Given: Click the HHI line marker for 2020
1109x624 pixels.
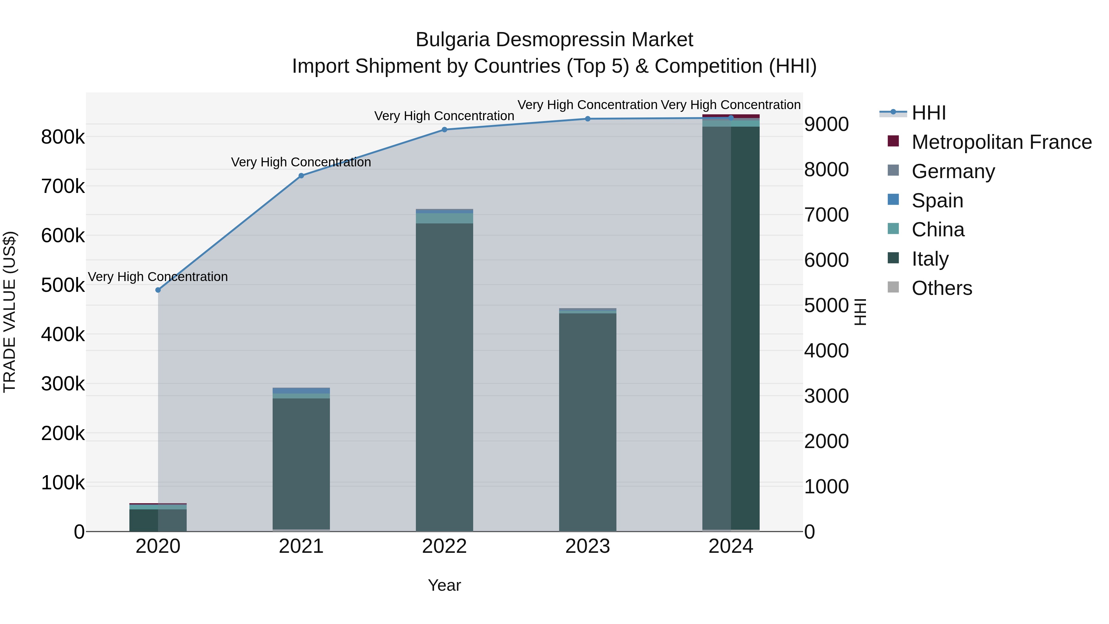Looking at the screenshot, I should (x=158, y=290).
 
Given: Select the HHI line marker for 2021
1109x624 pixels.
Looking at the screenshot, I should (x=301, y=176).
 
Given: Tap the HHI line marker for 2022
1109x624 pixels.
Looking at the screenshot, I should (x=444, y=130).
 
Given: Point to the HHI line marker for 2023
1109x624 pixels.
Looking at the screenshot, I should (x=588, y=119).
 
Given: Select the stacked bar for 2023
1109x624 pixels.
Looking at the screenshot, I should (x=588, y=422).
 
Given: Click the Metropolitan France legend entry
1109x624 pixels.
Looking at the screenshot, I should (x=1001, y=142).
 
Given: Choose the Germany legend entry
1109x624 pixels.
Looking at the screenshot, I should (x=953, y=171).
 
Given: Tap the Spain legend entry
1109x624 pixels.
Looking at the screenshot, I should (x=937, y=201).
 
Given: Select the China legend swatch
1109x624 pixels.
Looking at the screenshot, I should (x=893, y=229).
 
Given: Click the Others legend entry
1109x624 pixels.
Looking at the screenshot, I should (x=941, y=288).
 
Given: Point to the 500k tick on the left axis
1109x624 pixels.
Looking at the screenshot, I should (x=63, y=285).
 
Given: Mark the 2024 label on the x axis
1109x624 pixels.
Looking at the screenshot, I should (x=731, y=546).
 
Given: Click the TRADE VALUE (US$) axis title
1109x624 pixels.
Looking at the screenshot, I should (x=10, y=312).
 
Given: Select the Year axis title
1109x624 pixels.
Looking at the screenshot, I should (x=444, y=585).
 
